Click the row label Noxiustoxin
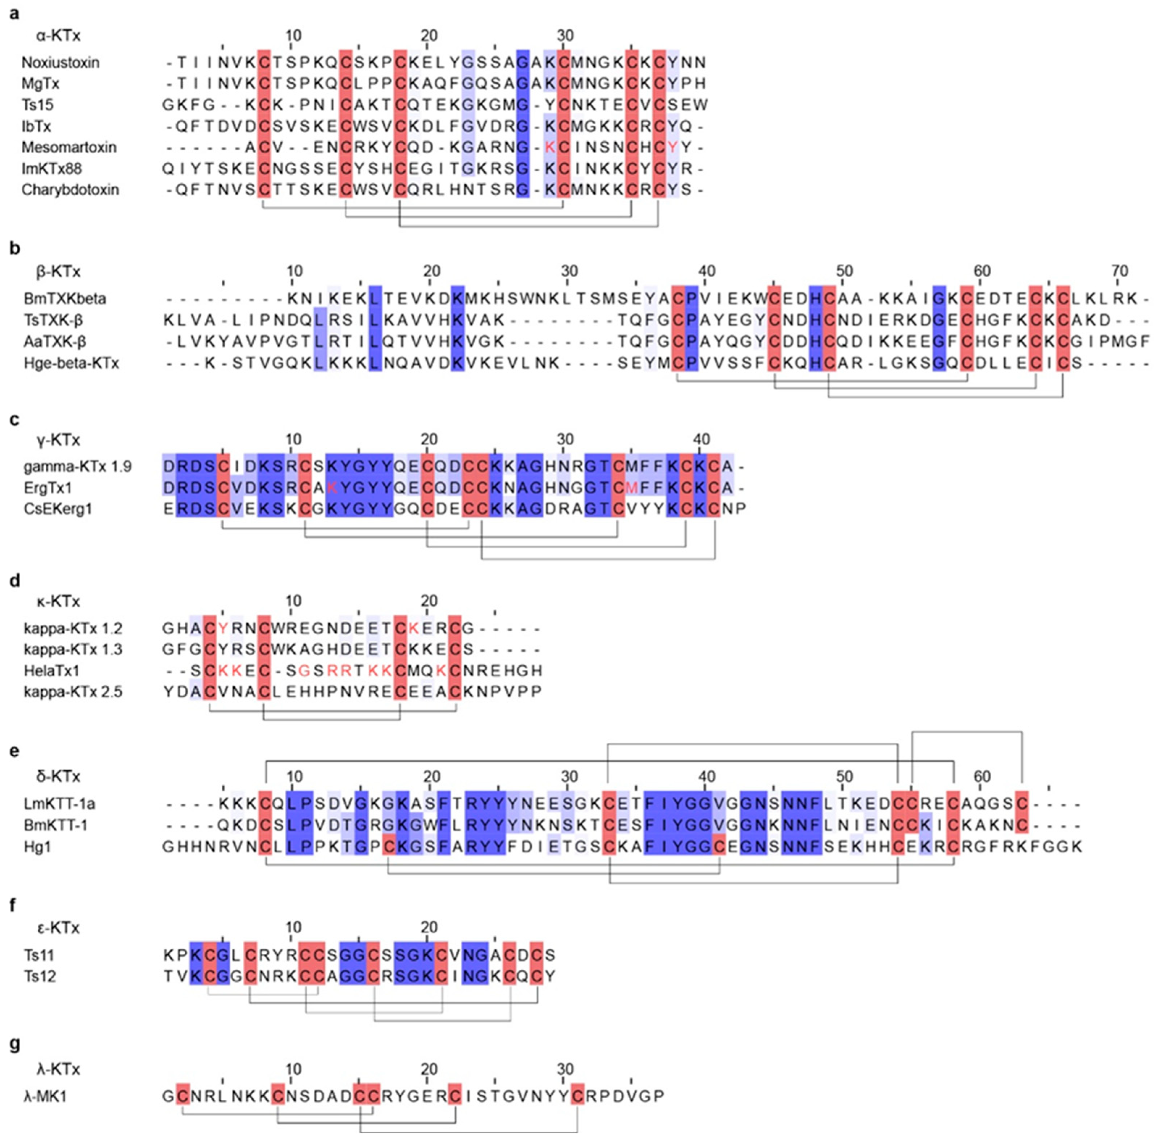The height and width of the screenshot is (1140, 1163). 60,62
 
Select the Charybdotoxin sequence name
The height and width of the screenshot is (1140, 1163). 70,190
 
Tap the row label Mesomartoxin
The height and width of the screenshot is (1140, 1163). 69,147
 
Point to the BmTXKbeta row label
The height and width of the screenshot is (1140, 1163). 64,298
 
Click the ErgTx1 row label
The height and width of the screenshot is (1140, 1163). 48,488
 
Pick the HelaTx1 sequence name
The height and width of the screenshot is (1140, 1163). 51,671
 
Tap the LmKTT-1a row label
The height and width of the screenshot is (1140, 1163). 59,803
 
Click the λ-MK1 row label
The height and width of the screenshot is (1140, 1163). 45,1096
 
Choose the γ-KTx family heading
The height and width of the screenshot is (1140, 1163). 58,440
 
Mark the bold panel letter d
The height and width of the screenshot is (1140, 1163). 15,581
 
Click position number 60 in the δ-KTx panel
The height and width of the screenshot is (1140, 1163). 982,777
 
